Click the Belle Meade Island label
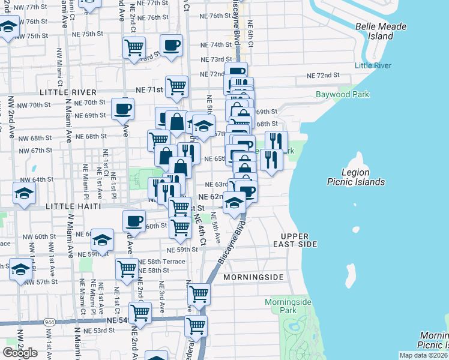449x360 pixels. [381, 31]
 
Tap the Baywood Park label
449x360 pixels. [343, 94]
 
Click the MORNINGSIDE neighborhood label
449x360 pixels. [253, 278]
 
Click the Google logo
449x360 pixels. [20, 353]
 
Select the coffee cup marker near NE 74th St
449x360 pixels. [171, 46]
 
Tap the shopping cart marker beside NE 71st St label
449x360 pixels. [176, 86]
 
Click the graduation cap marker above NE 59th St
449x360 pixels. [103, 240]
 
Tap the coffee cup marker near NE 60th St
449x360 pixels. [134, 221]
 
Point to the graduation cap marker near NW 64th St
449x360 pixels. [24, 194]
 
